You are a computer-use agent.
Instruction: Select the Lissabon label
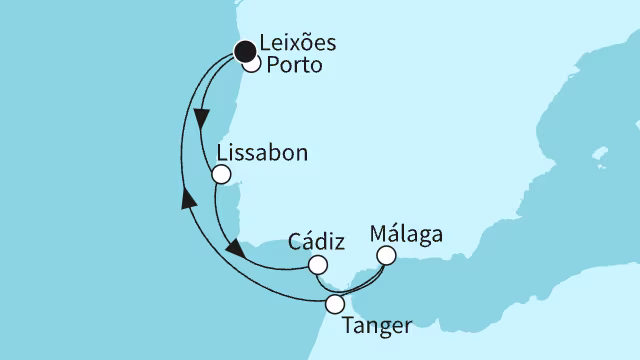click(x=261, y=155)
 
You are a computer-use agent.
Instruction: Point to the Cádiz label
click(x=316, y=242)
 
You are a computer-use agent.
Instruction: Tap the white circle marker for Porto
click(x=251, y=65)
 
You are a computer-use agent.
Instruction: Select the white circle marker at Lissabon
click(x=222, y=174)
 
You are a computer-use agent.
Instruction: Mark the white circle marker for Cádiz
click(x=317, y=265)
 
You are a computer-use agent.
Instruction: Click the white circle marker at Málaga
click(x=385, y=257)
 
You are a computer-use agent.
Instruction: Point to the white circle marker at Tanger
click(x=336, y=303)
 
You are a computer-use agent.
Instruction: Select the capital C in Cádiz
click(x=295, y=242)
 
